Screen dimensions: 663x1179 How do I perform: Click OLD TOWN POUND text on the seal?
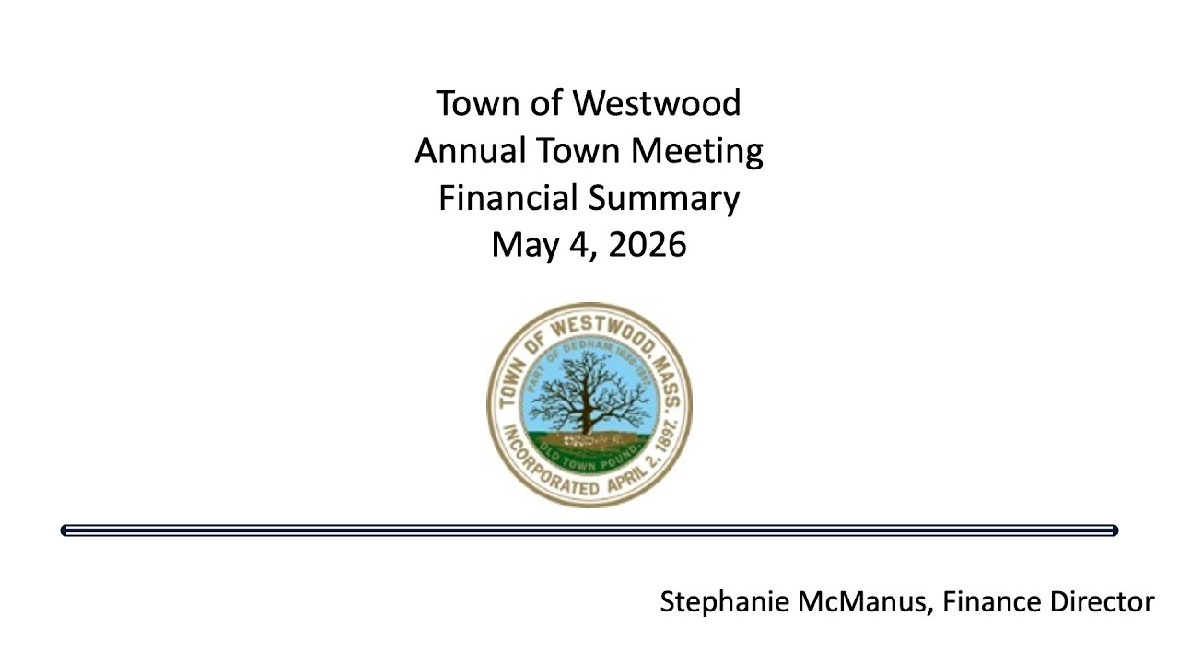point(589,453)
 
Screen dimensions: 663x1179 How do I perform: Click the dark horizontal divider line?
point(589,530)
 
